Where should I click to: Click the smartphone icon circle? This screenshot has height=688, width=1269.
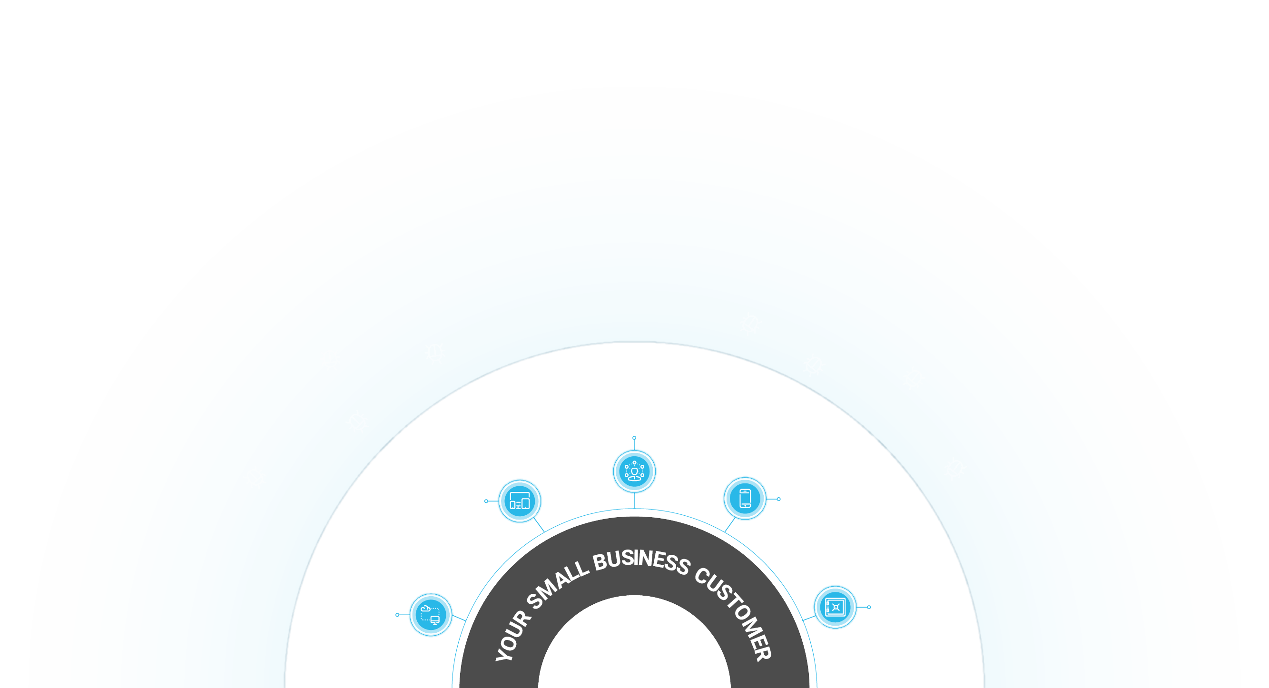tap(745, 498)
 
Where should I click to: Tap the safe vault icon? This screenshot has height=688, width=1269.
tap(836, 607)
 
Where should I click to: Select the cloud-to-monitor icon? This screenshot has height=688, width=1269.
tap(431, 615)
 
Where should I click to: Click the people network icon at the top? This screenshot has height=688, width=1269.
tap(635, 472)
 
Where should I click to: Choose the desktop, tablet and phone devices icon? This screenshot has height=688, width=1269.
tap(520, 501)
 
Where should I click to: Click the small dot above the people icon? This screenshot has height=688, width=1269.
tap(635, 438)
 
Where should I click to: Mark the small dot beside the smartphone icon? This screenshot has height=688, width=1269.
tap(779, 500)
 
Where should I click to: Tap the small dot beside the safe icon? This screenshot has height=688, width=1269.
tap(869, 607)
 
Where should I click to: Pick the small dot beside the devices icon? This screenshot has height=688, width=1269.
tap(486, 501)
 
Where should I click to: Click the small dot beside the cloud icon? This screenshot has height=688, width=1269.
tap(397, 615)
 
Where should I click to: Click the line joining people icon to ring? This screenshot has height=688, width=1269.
tap(635, 501)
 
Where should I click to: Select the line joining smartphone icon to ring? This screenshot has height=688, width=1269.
tap(730, 524)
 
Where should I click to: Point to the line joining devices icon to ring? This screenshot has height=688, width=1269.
tap(539, 525)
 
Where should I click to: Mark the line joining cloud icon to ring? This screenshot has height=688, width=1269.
tap(459, 618)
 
